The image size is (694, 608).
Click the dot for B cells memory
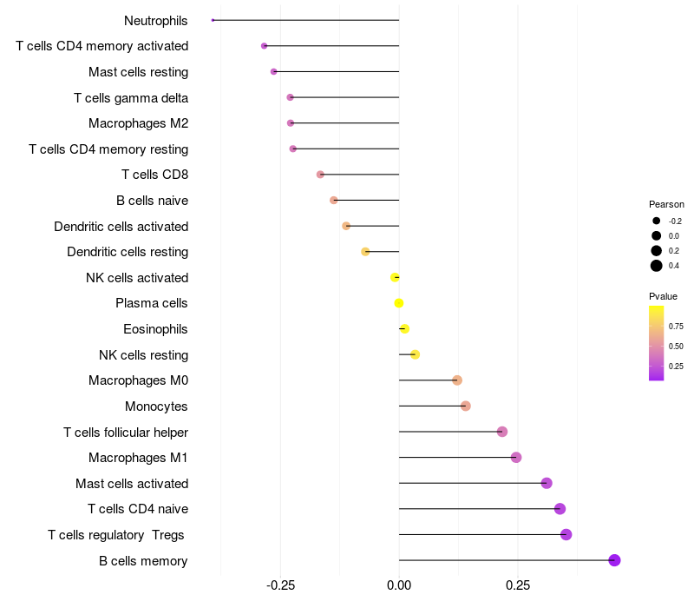point(614,560)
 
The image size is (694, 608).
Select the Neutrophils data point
point(213,20)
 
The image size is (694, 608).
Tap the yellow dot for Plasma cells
point(399,303)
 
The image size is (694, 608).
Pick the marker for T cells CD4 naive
point(560,509)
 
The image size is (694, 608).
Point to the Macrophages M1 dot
point(516,458)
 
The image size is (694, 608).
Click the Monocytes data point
point(465,406)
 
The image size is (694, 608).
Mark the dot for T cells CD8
point(320,175)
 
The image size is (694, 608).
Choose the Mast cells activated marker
point(547,483)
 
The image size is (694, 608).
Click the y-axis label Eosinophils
point(155,329)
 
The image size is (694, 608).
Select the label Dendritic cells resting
point(128,252)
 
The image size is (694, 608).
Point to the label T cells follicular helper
point(126,432)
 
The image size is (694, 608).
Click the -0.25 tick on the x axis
point(280,586)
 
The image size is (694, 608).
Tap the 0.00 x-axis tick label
point(399,586)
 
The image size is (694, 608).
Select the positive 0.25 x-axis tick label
point(518,586)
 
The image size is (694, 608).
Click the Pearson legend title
point(666,204)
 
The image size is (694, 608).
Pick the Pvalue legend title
point(664,296)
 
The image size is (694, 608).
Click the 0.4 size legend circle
point(657,266)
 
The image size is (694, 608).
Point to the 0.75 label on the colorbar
point(676,327)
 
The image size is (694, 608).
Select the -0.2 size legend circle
point(657,221)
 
